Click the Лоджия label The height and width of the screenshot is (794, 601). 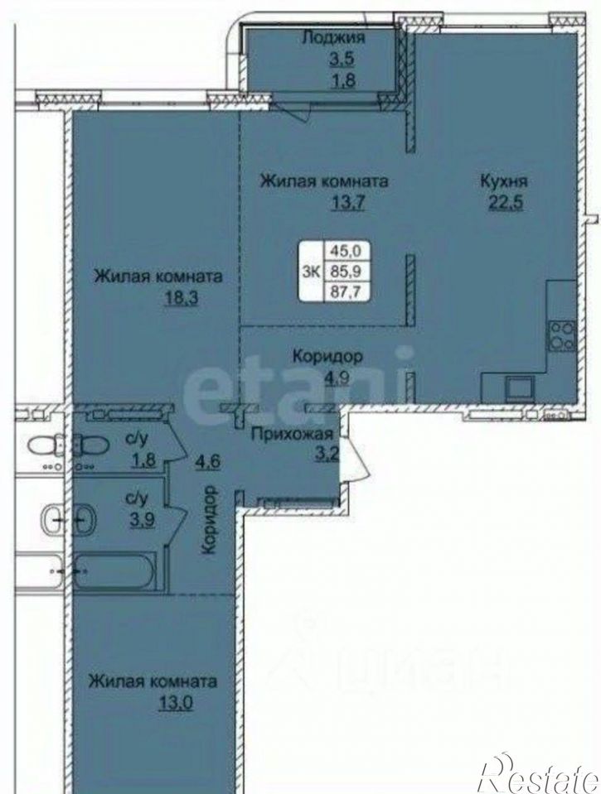coord(334,38)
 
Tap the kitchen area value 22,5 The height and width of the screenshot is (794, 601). coord(505,203)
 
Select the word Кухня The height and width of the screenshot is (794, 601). coord(504,181)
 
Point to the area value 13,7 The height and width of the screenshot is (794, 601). coord(348,203)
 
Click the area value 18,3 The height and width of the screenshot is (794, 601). coord(180,299)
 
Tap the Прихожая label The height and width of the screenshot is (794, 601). coord(292,434)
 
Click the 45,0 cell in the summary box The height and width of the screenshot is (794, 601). coord(346,250)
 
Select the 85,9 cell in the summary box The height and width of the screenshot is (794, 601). coord(346,271)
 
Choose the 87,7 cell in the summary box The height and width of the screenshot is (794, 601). coord(346,292)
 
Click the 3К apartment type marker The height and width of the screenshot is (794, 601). coord(311,272)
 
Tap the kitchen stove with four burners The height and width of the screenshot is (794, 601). coord(561,335)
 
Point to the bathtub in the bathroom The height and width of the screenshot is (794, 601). coord(114,572)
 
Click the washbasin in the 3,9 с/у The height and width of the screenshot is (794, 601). coord(85,520)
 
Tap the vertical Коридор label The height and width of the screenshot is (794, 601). coord(209,520)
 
